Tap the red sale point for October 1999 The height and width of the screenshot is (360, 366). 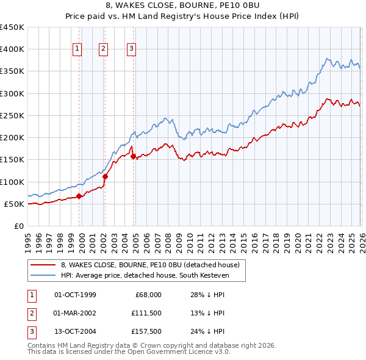(79, 196)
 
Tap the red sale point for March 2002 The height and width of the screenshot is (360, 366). (105, 176)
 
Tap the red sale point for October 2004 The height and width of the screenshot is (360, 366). (133, 156)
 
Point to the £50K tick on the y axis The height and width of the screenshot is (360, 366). (14, 204)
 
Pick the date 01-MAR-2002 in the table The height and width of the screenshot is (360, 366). (75, 313)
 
